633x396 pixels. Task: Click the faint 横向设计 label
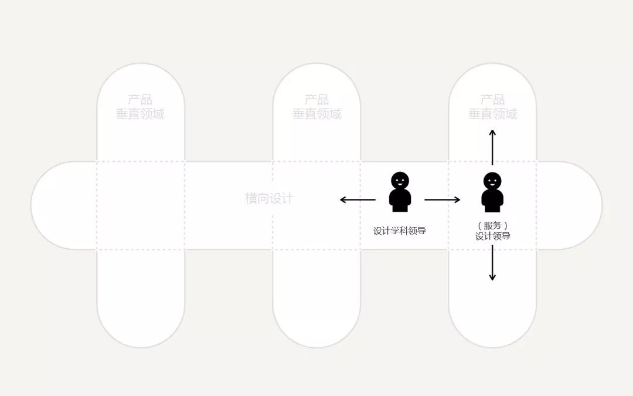(269, 198)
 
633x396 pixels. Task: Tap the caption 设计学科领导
(400, 231)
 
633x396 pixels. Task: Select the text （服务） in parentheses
(492, 225)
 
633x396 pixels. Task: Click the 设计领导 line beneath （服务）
(492, 236)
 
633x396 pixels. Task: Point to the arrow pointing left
(358, 200)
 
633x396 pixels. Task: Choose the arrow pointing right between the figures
(443, 200)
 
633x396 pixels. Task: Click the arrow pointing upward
(492, 147)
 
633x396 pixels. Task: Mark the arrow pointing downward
(492, 262)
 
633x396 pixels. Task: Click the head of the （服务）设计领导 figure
(492, 181)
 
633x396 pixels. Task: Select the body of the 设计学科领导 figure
(400, 200)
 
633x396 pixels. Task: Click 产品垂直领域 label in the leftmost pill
(140, 107)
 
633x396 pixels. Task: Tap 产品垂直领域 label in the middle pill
(316, 107)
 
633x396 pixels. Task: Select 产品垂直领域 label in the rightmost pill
(492, 107)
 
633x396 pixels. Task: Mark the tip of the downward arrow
(492, 279)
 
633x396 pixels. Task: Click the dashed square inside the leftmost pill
(141, 205)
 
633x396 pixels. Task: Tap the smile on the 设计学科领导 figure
(400, 184)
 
